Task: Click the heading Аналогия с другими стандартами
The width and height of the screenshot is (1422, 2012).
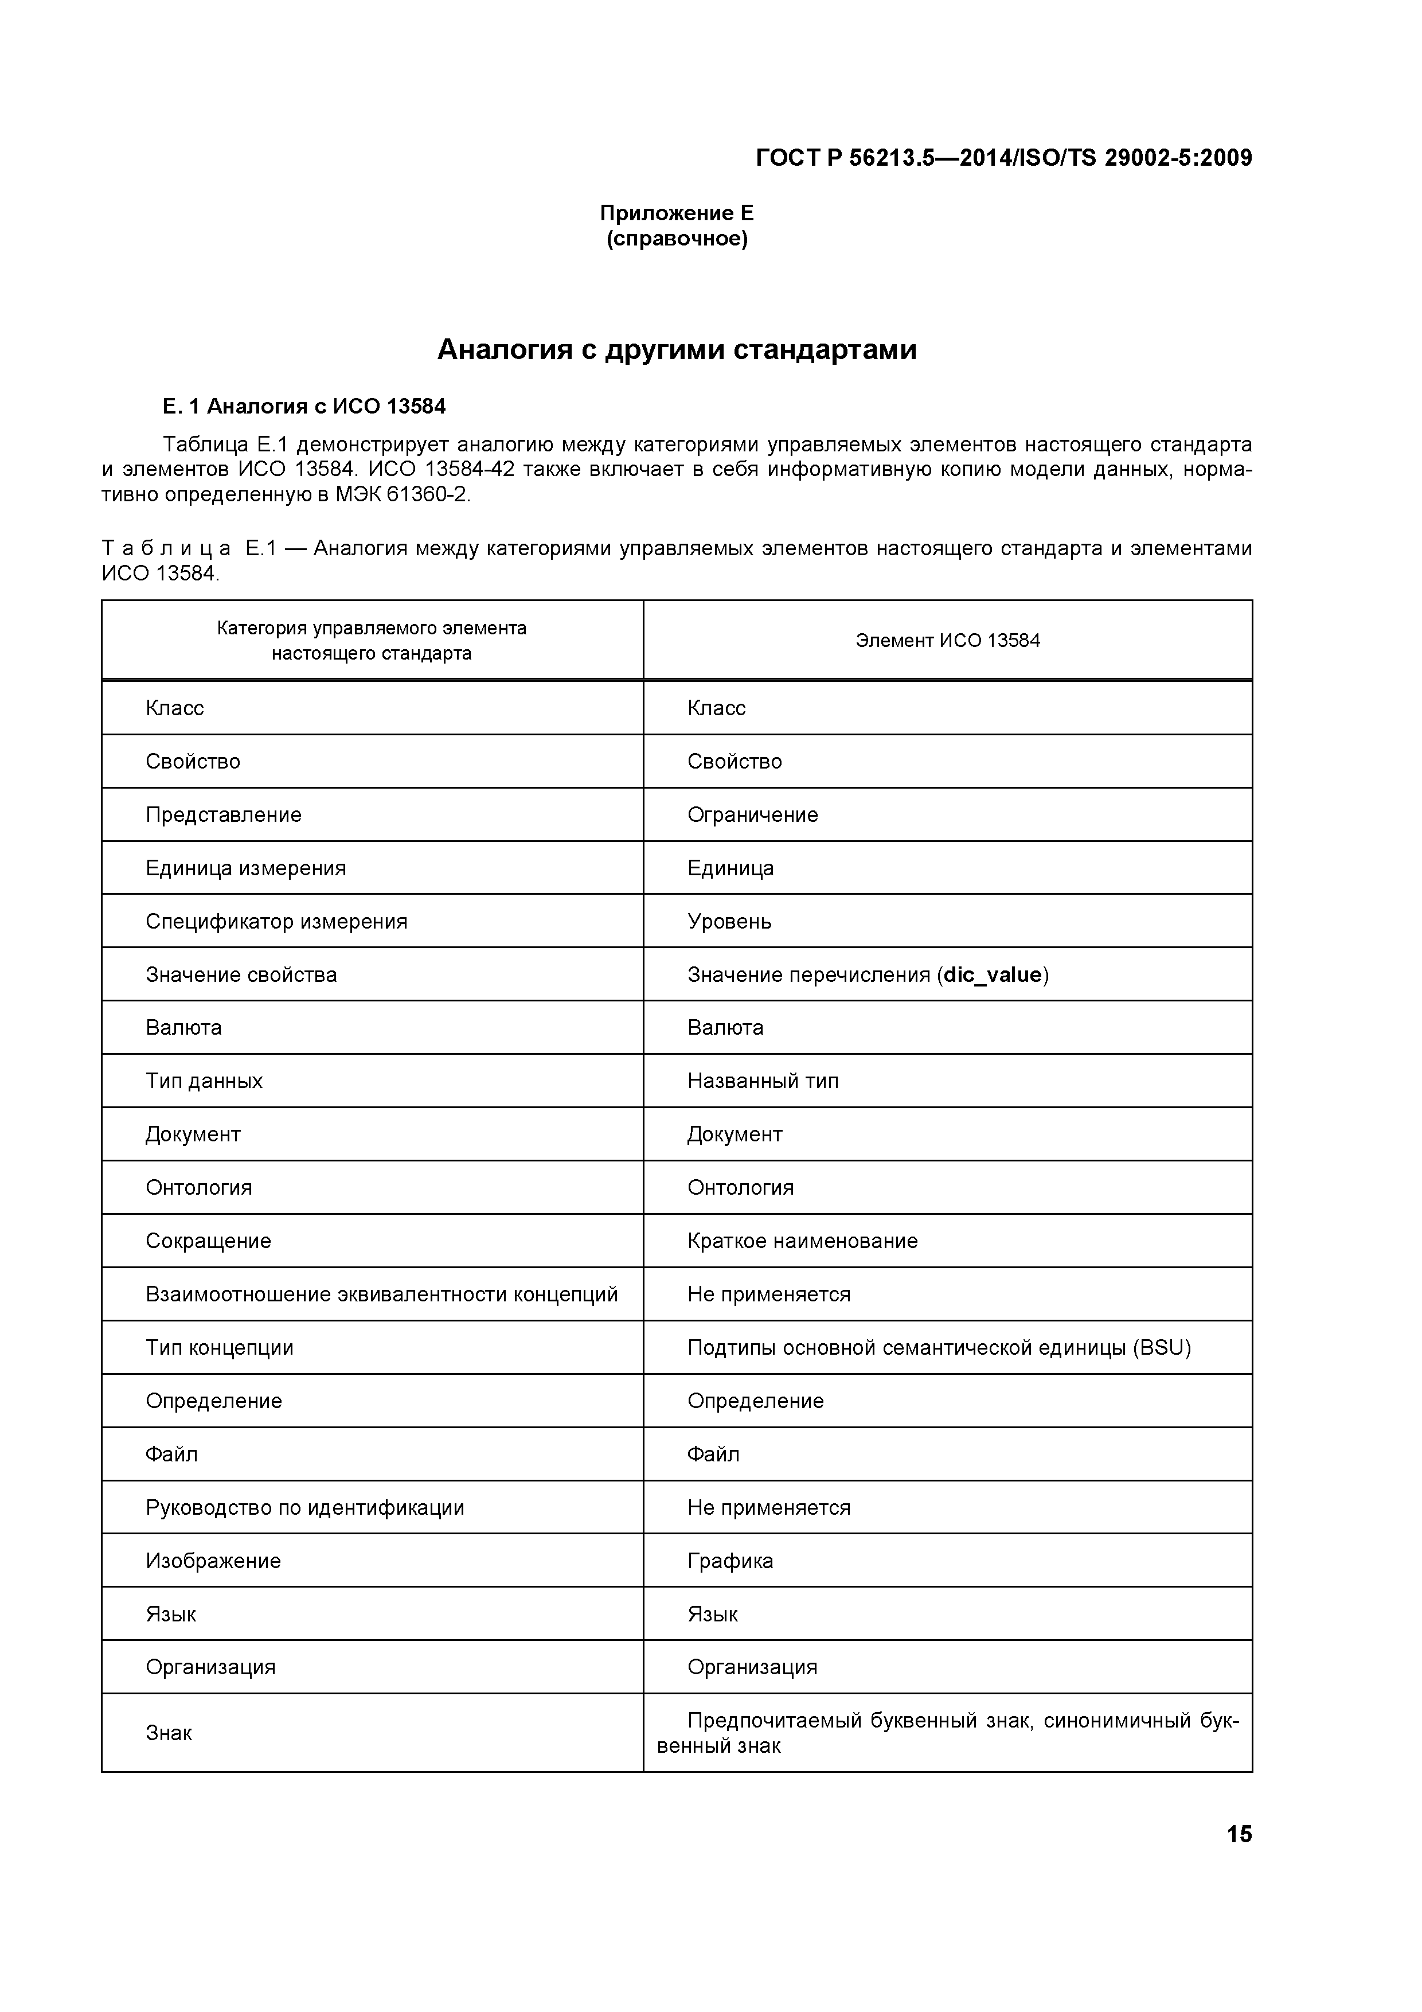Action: (677, 350)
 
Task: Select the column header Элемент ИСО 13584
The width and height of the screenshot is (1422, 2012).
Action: (947, 641)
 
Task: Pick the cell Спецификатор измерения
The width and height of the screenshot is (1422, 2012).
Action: (276, 921)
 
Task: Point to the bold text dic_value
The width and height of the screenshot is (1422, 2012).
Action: (992, 974)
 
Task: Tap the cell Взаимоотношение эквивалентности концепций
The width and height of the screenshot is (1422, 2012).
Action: (381, 1294)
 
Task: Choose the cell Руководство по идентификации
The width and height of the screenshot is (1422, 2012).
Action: (305, 1507)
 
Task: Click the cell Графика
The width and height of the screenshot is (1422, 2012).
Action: (730, 1561)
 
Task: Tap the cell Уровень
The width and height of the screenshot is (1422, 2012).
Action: (729, 921)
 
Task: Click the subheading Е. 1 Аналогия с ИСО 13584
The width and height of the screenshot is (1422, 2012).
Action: (304, 407)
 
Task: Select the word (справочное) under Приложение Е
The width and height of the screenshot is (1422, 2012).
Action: (677, 239)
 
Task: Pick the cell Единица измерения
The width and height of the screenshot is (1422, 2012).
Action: (245, 868)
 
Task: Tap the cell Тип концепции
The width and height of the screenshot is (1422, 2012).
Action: (219, 1348)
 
